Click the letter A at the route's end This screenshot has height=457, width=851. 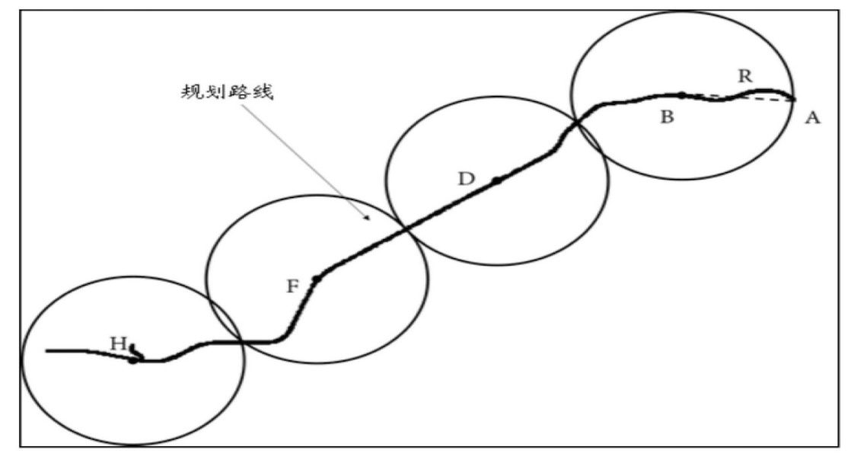point(812,117)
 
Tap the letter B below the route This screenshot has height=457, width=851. point(667,116)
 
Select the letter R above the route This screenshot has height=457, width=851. point(745,76)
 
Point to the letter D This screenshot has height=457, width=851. point(466,178)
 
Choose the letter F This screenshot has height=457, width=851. point(292,286)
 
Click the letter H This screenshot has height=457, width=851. point(118,344)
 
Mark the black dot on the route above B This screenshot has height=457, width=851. point(682,95)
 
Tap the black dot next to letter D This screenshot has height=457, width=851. point(496,181)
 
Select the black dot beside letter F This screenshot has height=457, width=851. point(317,279)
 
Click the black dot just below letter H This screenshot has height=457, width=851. point(132,360)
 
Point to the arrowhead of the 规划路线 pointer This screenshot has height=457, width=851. point(368,218)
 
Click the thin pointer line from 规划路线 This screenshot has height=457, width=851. point(305,161)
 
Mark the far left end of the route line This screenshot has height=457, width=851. point(46,351)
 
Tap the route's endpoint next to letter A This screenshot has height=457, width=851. point(793,99)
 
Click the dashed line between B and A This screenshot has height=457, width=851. point(738,97)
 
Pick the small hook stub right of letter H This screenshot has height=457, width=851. point(135,351)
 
